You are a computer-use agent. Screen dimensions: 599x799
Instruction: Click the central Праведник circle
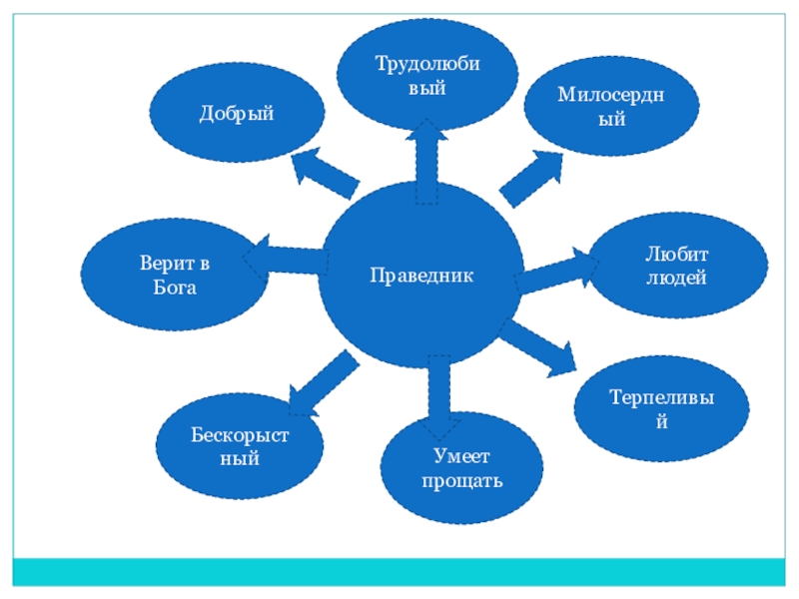(x=420, y=275)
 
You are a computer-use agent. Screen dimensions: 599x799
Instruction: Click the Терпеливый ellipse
(x=660, y=408)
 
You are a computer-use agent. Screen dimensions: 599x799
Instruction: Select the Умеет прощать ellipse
(x=461, y=467)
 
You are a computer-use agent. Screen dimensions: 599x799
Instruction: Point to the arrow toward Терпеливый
(x=539, y=349)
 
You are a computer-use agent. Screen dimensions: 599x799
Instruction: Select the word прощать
(x=461, y=482)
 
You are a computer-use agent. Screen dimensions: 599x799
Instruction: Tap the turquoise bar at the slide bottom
(x=399, y=571)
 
